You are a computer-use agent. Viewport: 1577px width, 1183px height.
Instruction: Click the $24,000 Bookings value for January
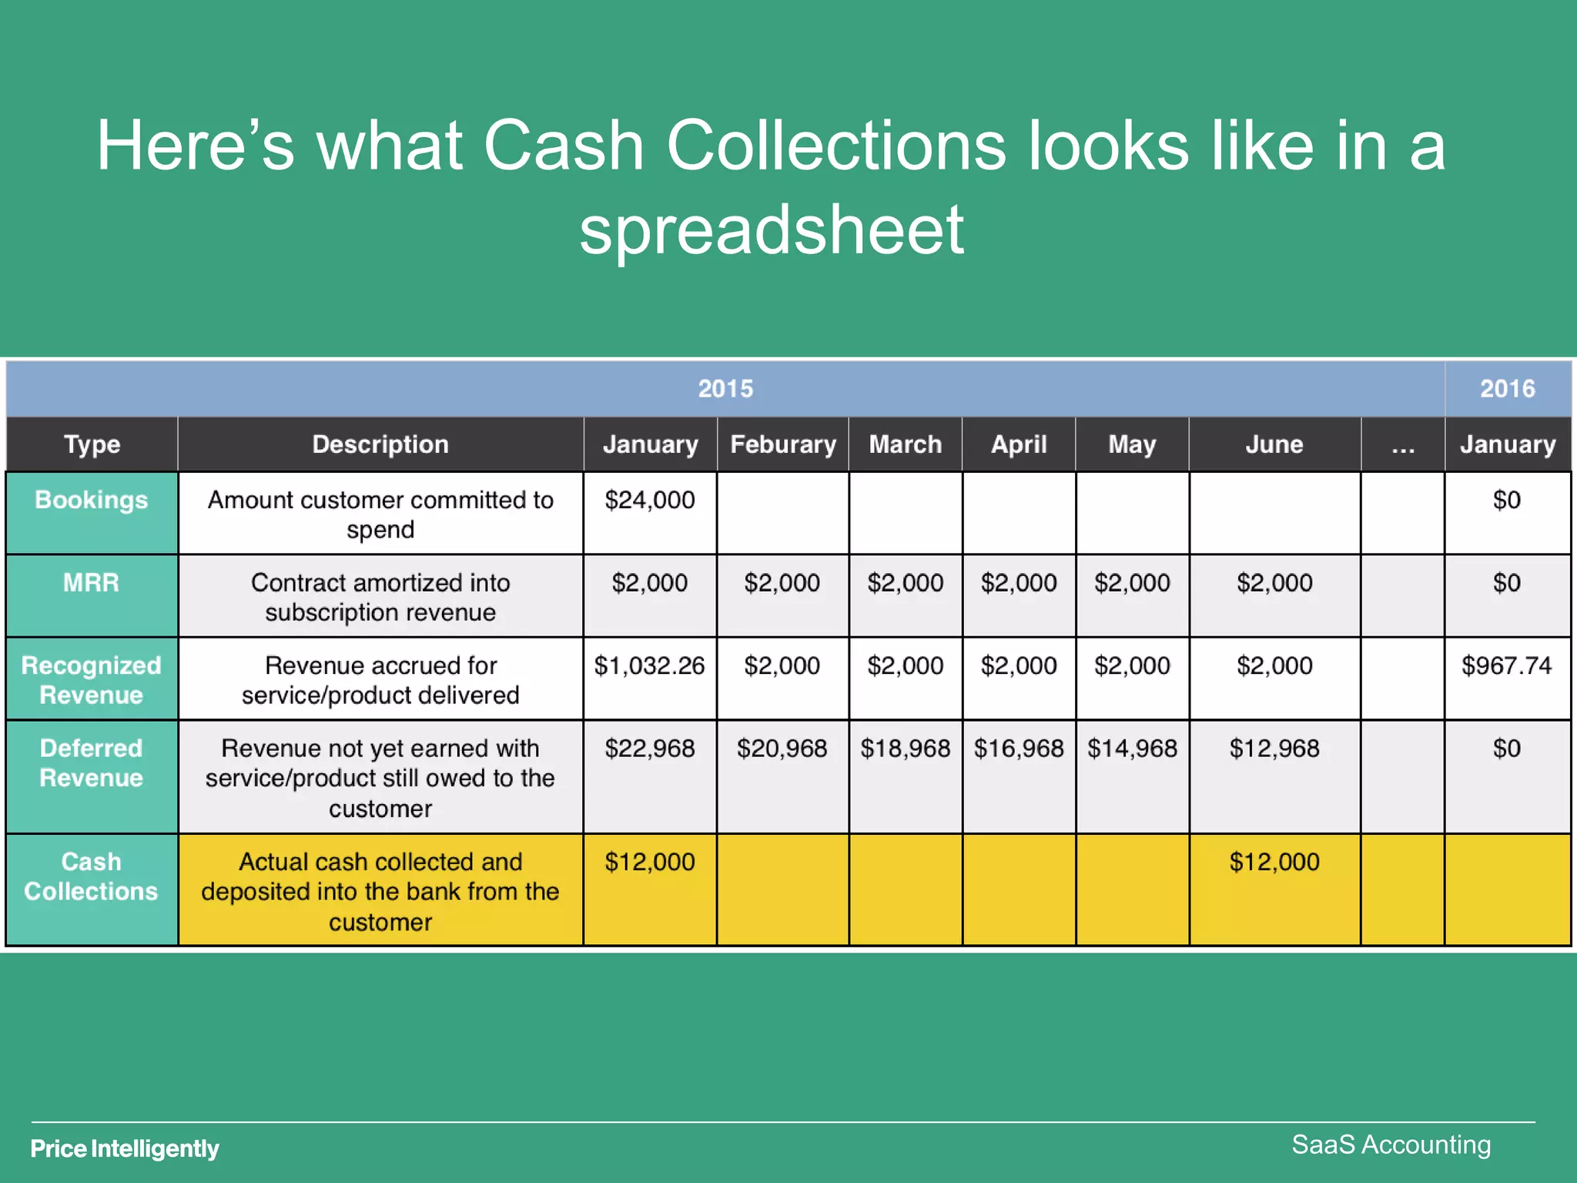click(x=649, y=501)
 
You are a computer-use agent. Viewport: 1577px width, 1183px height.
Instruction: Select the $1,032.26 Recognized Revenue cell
click(x=649, y=666)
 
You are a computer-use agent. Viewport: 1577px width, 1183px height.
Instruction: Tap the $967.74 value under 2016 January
click(x=1506, y=666)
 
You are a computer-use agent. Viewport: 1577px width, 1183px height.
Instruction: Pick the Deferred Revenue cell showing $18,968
click(x=905, y=749)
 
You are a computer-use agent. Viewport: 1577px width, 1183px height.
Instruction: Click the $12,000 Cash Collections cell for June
click(x=1274, y=862)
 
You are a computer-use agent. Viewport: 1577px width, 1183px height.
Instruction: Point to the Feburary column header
click(x=782, y=444)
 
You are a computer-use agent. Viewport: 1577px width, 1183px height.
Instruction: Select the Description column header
click(x=380, y=444)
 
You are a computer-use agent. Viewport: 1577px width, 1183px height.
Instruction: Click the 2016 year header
click(x=1507, y=389)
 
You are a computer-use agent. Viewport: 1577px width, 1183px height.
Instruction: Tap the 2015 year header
click(x=725, y=389)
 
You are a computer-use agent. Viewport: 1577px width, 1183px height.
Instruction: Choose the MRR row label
click(x=91, y=583)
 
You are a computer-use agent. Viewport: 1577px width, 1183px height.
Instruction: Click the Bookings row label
click(x=91, y=501)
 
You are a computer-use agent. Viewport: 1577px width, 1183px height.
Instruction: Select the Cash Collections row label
click(x=91, y=876)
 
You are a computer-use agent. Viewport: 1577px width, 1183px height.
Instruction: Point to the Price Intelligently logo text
click(x=125, y=1148)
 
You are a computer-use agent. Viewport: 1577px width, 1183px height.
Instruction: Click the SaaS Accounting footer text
click(x=1391, y=1144)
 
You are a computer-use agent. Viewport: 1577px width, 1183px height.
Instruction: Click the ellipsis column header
click(x=1402, y=444)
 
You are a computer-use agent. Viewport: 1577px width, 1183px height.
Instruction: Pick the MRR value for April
click(x=1018, y=583)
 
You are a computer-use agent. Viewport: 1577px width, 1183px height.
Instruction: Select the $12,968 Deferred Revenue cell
click(x=1274, y=749)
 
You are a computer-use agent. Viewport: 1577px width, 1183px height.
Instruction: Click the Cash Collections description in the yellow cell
click(x=380, y=891)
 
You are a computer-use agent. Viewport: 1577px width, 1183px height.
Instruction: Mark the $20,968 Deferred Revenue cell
click(x=782, y=749)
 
